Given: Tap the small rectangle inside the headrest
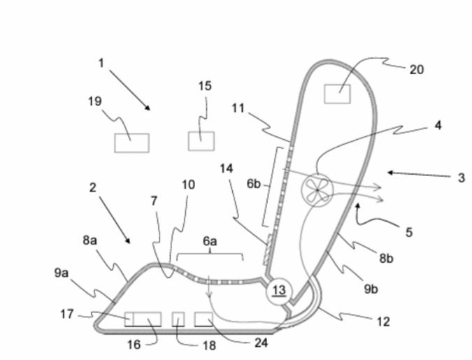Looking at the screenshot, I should click(x=337, y=93).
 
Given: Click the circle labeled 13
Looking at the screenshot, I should click(x=279, y=290).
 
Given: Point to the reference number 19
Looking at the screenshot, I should click(x=95, y=102).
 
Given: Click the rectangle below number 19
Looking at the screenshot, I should click(x=131, y=143).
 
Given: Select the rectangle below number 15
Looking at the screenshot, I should click(x=201, y=140).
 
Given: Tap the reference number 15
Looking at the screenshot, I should click(x=204, y=86).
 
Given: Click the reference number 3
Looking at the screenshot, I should click(x=462, y=178).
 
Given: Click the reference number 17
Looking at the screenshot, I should click(x=67, y=315).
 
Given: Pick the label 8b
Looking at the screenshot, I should click(x=386, y=258).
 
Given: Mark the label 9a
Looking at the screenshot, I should click(x=62, y=273).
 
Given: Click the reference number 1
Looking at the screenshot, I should click(x=101, y=63).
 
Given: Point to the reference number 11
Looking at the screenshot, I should click(x=238, y=109).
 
